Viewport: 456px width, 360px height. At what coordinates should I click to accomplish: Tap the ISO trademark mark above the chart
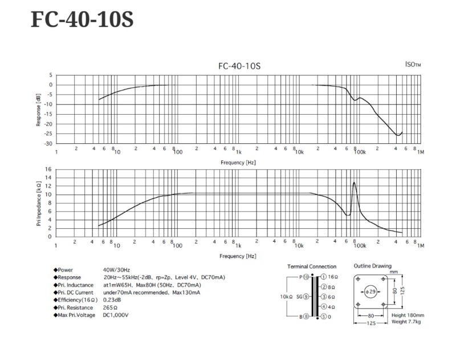413,65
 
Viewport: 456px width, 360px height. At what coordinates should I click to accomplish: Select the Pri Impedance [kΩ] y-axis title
39,203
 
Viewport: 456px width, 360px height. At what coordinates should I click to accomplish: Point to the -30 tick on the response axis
49,144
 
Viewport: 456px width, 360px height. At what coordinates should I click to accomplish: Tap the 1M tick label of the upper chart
421,152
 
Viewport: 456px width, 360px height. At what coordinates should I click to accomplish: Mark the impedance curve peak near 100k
355,183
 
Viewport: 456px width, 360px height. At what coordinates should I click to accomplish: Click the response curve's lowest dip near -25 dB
398,135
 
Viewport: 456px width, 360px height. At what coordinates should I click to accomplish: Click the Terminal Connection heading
312,266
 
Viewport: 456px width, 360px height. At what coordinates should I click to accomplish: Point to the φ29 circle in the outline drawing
370,292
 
